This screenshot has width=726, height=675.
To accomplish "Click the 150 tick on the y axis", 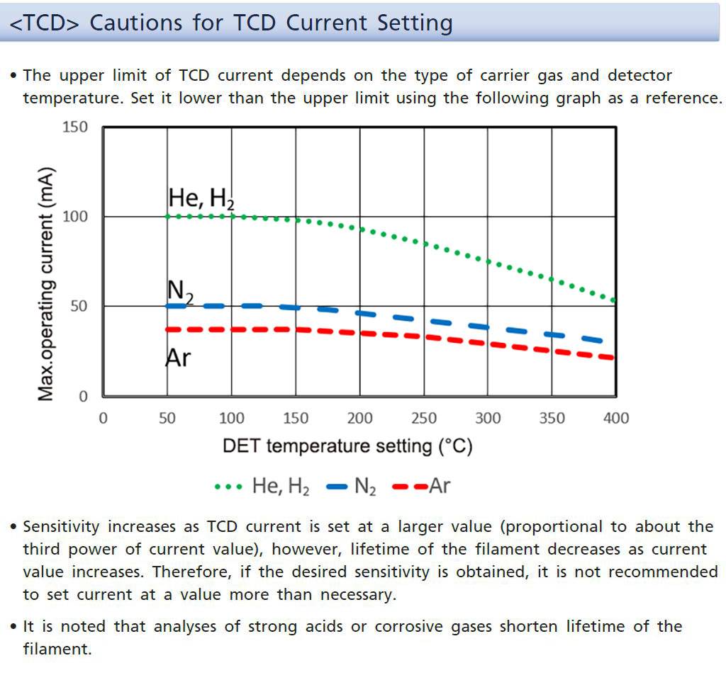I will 75,127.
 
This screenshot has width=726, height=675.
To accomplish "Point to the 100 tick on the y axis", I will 75,217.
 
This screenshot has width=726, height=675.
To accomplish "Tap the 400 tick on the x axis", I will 615,418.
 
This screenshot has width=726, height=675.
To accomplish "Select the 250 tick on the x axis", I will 423,418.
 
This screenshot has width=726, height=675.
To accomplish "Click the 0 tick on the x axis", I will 103,418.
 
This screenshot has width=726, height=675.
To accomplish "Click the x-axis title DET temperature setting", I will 347,446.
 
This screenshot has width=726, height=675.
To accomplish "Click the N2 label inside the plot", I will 180,290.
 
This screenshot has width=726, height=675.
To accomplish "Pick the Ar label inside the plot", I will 178,358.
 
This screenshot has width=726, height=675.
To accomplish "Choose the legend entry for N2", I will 352,487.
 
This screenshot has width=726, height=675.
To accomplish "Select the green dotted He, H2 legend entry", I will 262,487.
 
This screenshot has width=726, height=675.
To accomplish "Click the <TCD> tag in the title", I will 45,23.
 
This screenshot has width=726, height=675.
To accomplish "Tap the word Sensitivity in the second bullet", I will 62,527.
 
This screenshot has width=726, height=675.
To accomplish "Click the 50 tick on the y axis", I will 79,307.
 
